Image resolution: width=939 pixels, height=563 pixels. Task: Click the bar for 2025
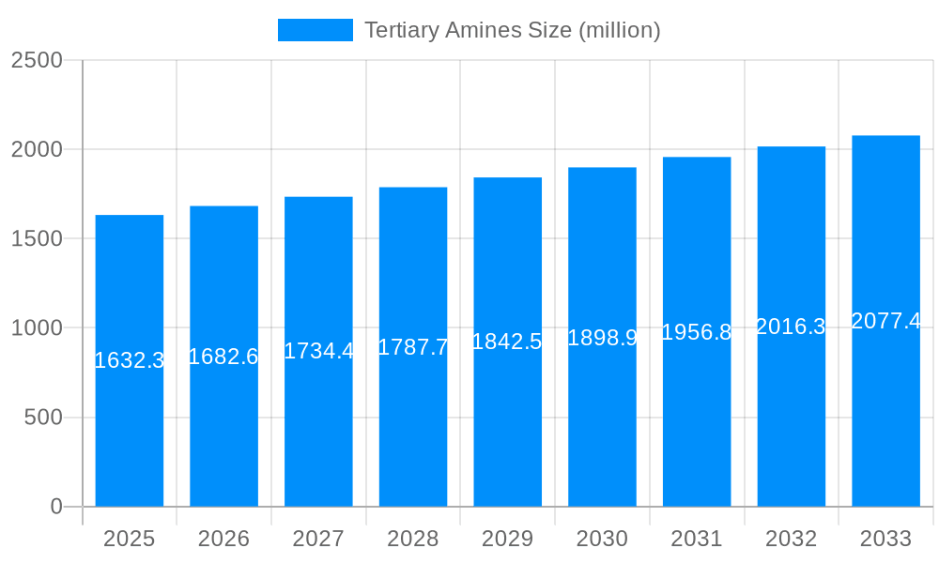pos(130,432)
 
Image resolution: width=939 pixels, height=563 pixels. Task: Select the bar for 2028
pos(413,432)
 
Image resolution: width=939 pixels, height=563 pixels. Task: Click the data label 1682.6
pos(223,357)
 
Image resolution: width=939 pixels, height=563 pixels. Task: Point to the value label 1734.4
pos(318,351)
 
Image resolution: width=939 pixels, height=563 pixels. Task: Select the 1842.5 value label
pos(507,342)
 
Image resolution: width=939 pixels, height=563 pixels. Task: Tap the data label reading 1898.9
pos(602,338)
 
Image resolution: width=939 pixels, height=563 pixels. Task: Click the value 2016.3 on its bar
pos(791,327)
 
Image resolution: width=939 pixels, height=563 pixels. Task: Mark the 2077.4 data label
pos(885,321)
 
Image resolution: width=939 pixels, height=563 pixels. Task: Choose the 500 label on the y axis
pos(43,418)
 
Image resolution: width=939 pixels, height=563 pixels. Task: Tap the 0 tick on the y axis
pos(55,507)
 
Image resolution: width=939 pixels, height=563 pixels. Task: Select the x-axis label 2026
pos(223,539)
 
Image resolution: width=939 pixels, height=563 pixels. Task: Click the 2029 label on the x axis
pos(507,539)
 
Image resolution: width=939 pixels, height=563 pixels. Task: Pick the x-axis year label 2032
pos(791,539)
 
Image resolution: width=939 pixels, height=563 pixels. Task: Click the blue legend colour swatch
pos(316,30)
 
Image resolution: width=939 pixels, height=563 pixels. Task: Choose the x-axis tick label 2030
pos(602,539)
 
